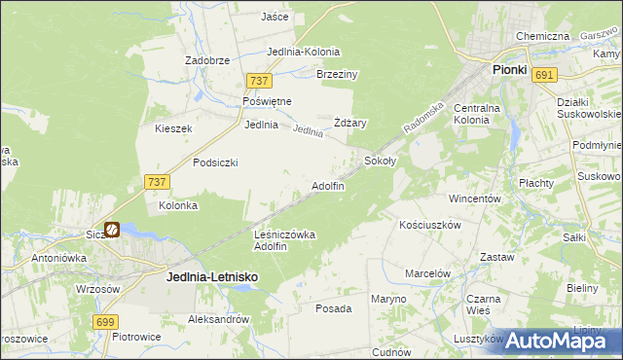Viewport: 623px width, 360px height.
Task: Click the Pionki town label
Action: click(x=509, y=70)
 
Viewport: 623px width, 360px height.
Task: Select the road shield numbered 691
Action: click(x=545, y=75)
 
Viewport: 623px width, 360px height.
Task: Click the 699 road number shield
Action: click(x=107, y=321)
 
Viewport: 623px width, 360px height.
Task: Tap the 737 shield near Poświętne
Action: click(x=258, y=82)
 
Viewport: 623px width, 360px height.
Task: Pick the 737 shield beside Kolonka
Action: click(x=157, y=182)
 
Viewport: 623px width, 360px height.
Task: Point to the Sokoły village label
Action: click(x=380, y=161)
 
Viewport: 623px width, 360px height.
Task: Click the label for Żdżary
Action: click(x=349, y=123)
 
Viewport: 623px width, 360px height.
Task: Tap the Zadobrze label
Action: click(x=207, y=59)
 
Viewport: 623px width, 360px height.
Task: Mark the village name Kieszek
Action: click(x=173, y=128)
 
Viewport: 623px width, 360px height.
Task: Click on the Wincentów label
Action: click(x=474, y=198)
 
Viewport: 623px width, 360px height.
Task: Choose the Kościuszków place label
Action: click(x=429, y=224)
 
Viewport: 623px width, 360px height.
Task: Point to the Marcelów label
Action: click(x=427, y=273)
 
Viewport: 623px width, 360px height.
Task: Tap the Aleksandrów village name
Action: click(x=219, y=319)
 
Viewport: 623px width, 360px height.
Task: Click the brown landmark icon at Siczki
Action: click(x=112, y=231)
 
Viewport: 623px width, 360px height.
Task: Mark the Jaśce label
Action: click(x=275, y=17)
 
